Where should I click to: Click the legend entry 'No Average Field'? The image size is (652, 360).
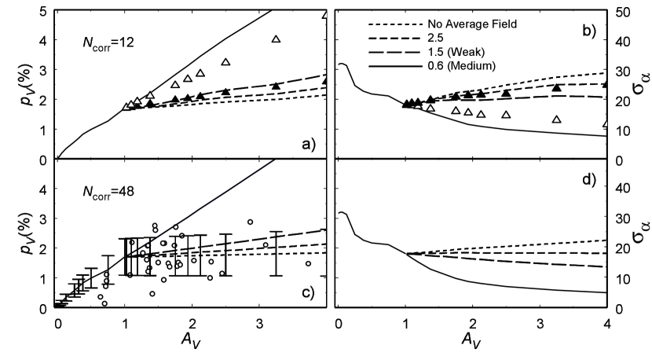471,24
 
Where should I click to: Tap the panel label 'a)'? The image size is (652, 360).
306,143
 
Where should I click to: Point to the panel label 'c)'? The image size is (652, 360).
306,292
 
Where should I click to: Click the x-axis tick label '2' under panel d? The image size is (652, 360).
473,323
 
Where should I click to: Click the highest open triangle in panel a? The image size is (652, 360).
325,14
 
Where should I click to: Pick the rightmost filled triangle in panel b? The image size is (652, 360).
606,84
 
